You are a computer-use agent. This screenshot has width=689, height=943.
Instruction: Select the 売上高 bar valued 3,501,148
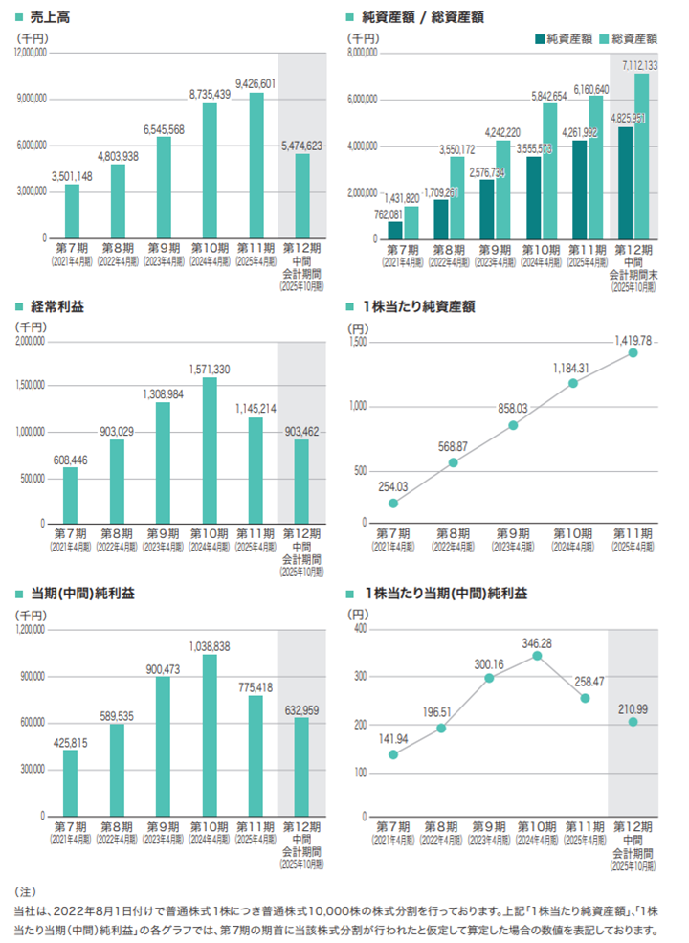point(72,211)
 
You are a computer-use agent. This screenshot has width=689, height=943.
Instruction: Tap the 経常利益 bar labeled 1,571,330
point(209,450)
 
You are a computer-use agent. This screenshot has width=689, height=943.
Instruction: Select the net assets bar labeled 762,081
point(395,230)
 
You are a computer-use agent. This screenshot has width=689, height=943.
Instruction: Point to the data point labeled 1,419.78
point(633,353)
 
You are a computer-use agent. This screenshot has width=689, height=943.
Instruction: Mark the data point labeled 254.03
point(393,503)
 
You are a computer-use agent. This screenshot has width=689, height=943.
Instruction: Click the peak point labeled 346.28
point(537,656)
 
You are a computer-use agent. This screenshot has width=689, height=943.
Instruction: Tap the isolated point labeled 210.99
point(633,721)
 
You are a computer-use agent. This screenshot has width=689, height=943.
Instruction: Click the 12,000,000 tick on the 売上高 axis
point(31,53)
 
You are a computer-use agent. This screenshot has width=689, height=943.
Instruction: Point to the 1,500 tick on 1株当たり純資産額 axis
point(357,341)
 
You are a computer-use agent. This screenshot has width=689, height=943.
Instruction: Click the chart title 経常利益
point(56,306)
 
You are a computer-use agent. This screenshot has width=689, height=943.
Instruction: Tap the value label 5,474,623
point(301,146)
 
